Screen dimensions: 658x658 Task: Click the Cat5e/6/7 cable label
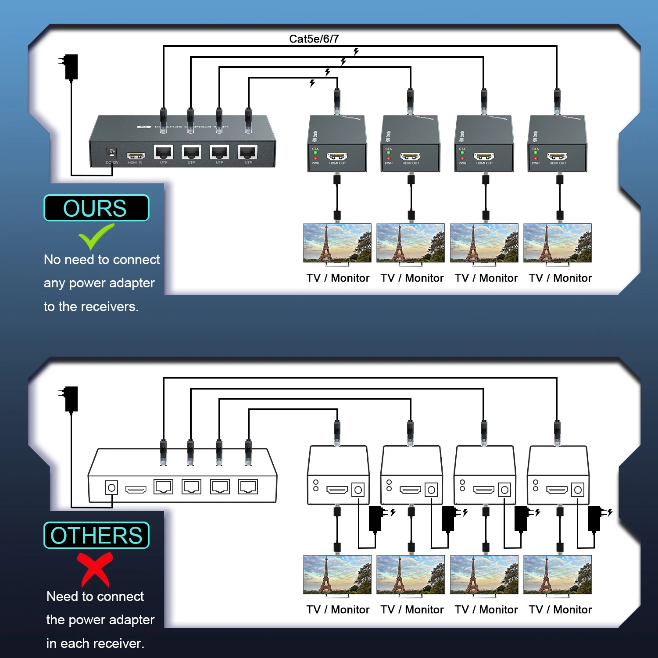coord(314,39)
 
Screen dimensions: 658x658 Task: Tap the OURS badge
coord(96,208)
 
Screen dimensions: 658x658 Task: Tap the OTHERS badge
coord(96,535)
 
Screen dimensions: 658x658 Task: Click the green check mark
coord(96,236)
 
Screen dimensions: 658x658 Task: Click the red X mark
coord(95,569)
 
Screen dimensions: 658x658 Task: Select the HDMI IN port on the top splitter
coord(136,156)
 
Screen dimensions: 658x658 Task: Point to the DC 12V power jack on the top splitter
coord(112,154)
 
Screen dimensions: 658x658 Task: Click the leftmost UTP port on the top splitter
coord(164,152)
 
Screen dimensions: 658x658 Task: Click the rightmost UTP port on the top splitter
coord(248,152)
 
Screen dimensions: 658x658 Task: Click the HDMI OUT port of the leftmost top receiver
coord(337,157)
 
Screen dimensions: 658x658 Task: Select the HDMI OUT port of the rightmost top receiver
coord(557,157)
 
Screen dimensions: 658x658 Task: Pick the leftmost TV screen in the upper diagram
coord(337,243)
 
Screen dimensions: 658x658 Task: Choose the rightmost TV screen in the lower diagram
coord(557,575)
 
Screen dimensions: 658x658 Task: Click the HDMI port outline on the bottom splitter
coord(136,489)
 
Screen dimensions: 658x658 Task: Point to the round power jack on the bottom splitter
coord(111,488)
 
